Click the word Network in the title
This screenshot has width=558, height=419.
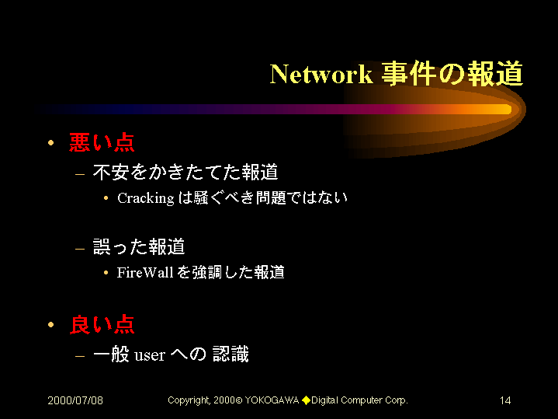[321, 75]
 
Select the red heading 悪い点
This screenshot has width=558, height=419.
[102, 142]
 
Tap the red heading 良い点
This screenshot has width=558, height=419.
[102, 324]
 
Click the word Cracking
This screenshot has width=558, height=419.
[146, 198]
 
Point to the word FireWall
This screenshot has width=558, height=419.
[145, 272]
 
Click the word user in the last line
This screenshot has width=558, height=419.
[150, 355]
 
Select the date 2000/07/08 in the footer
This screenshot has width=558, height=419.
[75, 400]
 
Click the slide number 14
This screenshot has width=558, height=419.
[505, 400]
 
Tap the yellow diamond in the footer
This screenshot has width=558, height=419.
[306, 400]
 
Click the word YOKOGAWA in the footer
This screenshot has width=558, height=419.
[272, 400]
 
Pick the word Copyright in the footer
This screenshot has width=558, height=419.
[189, 400]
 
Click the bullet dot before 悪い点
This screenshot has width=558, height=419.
[51, 142]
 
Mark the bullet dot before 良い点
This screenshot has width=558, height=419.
[51, 324]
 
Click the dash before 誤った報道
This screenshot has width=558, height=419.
[80, 249]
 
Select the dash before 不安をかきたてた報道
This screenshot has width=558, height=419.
[80, 174]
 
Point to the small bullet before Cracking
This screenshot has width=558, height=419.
[106, 198]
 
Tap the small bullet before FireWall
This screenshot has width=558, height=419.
[106, 273]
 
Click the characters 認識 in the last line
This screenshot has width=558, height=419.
[230, 354]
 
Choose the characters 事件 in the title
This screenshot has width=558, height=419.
[408, 74]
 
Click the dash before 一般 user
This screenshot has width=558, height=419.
[80, 356]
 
